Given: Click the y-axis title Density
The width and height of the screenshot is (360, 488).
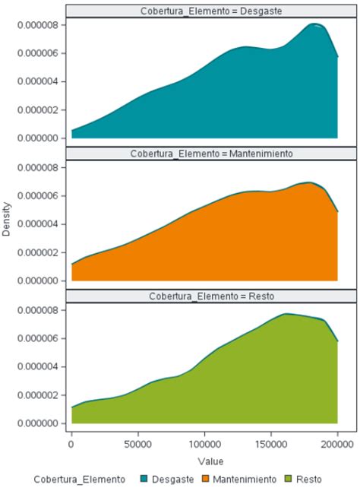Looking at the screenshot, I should [7, 219].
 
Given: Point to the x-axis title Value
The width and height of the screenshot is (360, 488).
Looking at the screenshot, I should [205, 461].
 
